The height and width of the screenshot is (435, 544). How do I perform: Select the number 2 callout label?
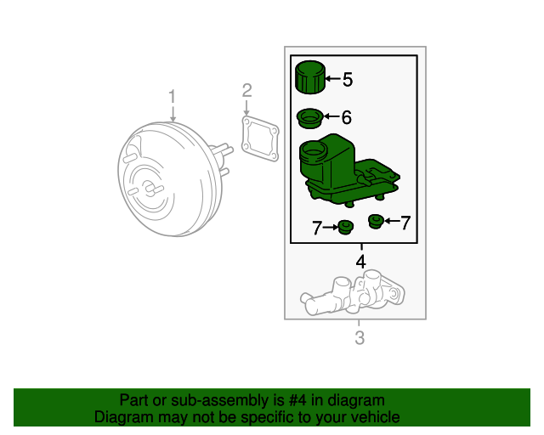tap(246, 90)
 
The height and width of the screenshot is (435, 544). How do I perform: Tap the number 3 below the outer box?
tap(359, 340)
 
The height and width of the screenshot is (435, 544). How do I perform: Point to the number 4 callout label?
tap(360, 263)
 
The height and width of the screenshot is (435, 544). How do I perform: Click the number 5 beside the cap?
tap(347, 80)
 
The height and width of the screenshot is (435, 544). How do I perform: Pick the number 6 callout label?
tap(346, 118)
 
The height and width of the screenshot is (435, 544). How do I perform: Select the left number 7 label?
tap(317, 228)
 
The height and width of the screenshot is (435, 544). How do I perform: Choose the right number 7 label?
tap(405, 223)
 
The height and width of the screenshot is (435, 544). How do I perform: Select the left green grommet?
tap(345, 227)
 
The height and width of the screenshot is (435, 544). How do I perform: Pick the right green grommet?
tap(375, 222)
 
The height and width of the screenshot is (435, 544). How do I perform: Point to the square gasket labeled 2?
tap(259, 139)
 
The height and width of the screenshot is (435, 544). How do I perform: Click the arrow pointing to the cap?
tap(332, 80)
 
